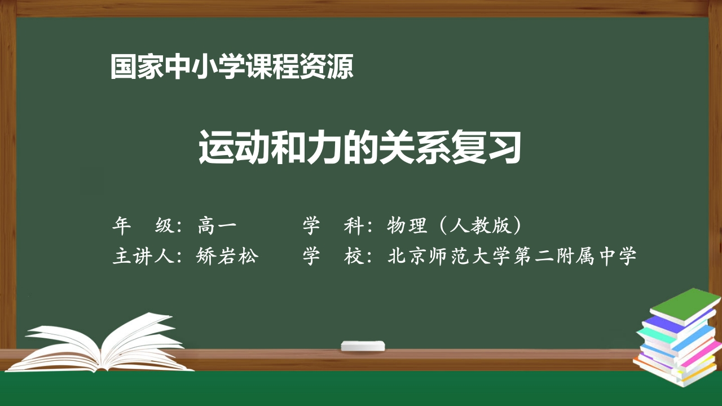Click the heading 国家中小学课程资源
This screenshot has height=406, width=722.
point(232,67)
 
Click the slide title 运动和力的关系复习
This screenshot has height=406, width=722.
point(359,148)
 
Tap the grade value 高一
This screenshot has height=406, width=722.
point(217,226)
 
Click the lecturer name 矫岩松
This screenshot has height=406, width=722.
point(227,257)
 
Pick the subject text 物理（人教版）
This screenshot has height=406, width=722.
point(454,226)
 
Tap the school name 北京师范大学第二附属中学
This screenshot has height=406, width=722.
point(512,257)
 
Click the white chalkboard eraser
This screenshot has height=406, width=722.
point(363,345)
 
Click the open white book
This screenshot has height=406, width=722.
point(107,344)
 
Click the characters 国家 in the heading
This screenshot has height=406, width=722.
point(137,67)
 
